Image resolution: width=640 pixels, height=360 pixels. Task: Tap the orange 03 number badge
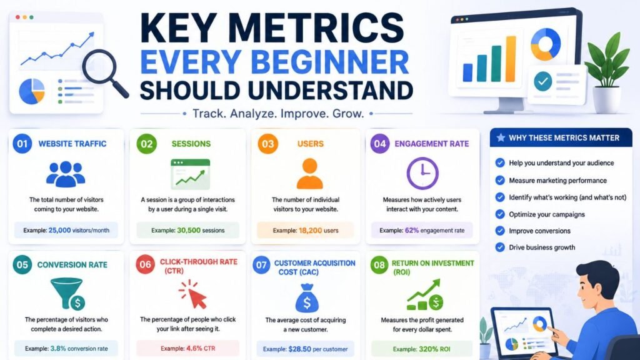(267, 144)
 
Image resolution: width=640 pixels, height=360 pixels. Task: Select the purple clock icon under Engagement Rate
(422, 173)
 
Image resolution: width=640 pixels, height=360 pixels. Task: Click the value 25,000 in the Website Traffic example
(59, 230)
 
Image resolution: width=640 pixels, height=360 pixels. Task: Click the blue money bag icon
(307, 298)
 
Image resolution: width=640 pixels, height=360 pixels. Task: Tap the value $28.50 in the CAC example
(299, 349)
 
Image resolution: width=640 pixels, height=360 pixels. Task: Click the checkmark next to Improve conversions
(500, 231)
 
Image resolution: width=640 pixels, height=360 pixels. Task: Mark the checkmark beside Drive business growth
(500, 247)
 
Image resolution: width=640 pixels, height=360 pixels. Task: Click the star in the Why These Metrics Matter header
(501, 137)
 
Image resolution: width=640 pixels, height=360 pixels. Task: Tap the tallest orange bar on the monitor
(511, 59)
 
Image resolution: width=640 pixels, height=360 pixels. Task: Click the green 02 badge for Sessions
(146, 144)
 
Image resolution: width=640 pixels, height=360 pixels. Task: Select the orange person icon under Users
(310, 174)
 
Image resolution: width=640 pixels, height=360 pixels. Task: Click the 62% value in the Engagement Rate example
(412, 230)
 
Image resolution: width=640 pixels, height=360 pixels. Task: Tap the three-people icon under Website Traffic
(65, 174)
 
